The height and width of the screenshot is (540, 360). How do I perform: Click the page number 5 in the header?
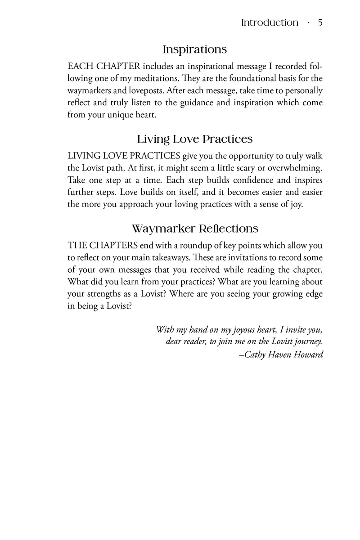tap(320, 22)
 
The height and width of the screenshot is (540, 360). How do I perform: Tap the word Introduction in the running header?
tap(270, 22)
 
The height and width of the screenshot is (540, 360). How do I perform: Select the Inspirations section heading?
tap(194, 49)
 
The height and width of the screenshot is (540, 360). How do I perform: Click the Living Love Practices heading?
tap(194, 139)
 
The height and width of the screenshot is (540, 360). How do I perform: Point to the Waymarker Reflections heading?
tap(195, 229)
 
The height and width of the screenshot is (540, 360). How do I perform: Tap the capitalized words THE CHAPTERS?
tap(103, 246)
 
